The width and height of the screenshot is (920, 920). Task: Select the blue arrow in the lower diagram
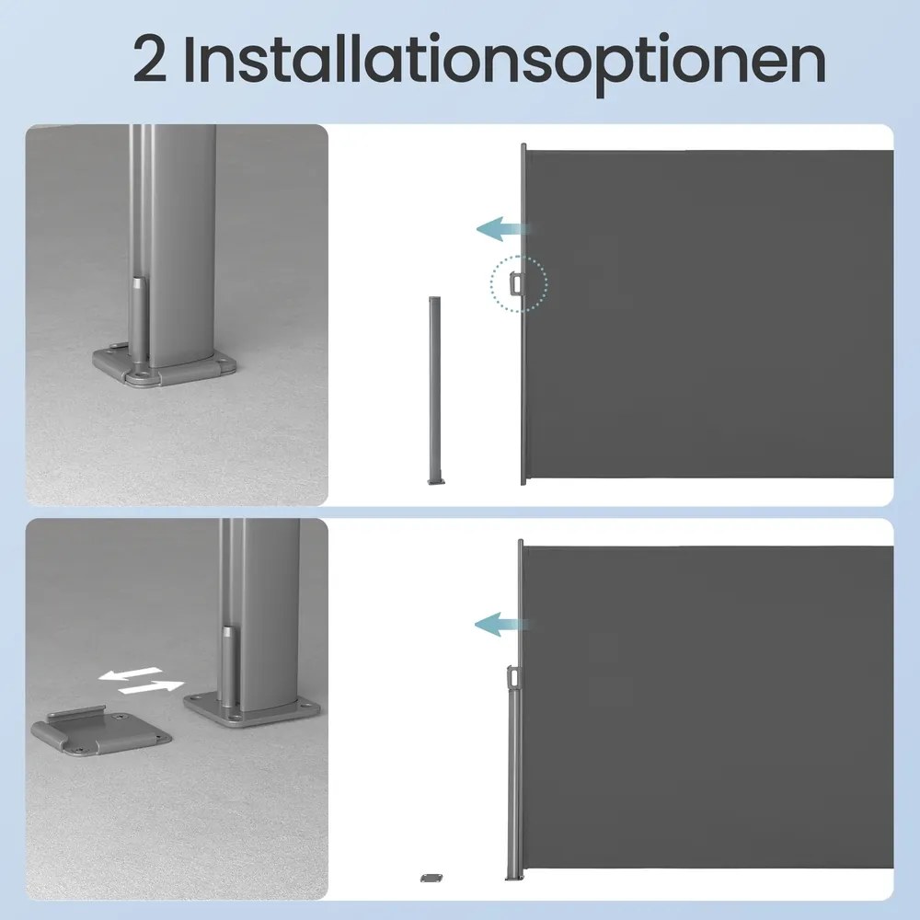[x=500, y=624]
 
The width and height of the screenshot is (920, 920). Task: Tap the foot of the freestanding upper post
[x=435, y=481]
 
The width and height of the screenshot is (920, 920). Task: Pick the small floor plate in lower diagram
[x=431, y=878]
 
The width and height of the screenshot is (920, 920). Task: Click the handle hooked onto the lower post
[x=513, y=676]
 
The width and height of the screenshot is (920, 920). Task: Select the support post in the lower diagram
[x=512, y=780]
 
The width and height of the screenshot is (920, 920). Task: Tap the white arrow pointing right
[x=152, y=686]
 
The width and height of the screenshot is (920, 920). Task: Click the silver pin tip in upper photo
[x=139, y=283]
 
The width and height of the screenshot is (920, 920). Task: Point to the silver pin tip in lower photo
[x=228, y=636]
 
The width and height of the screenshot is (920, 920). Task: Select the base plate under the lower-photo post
[x=252, y=709]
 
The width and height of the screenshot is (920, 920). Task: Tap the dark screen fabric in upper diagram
[x=710, y=314]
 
